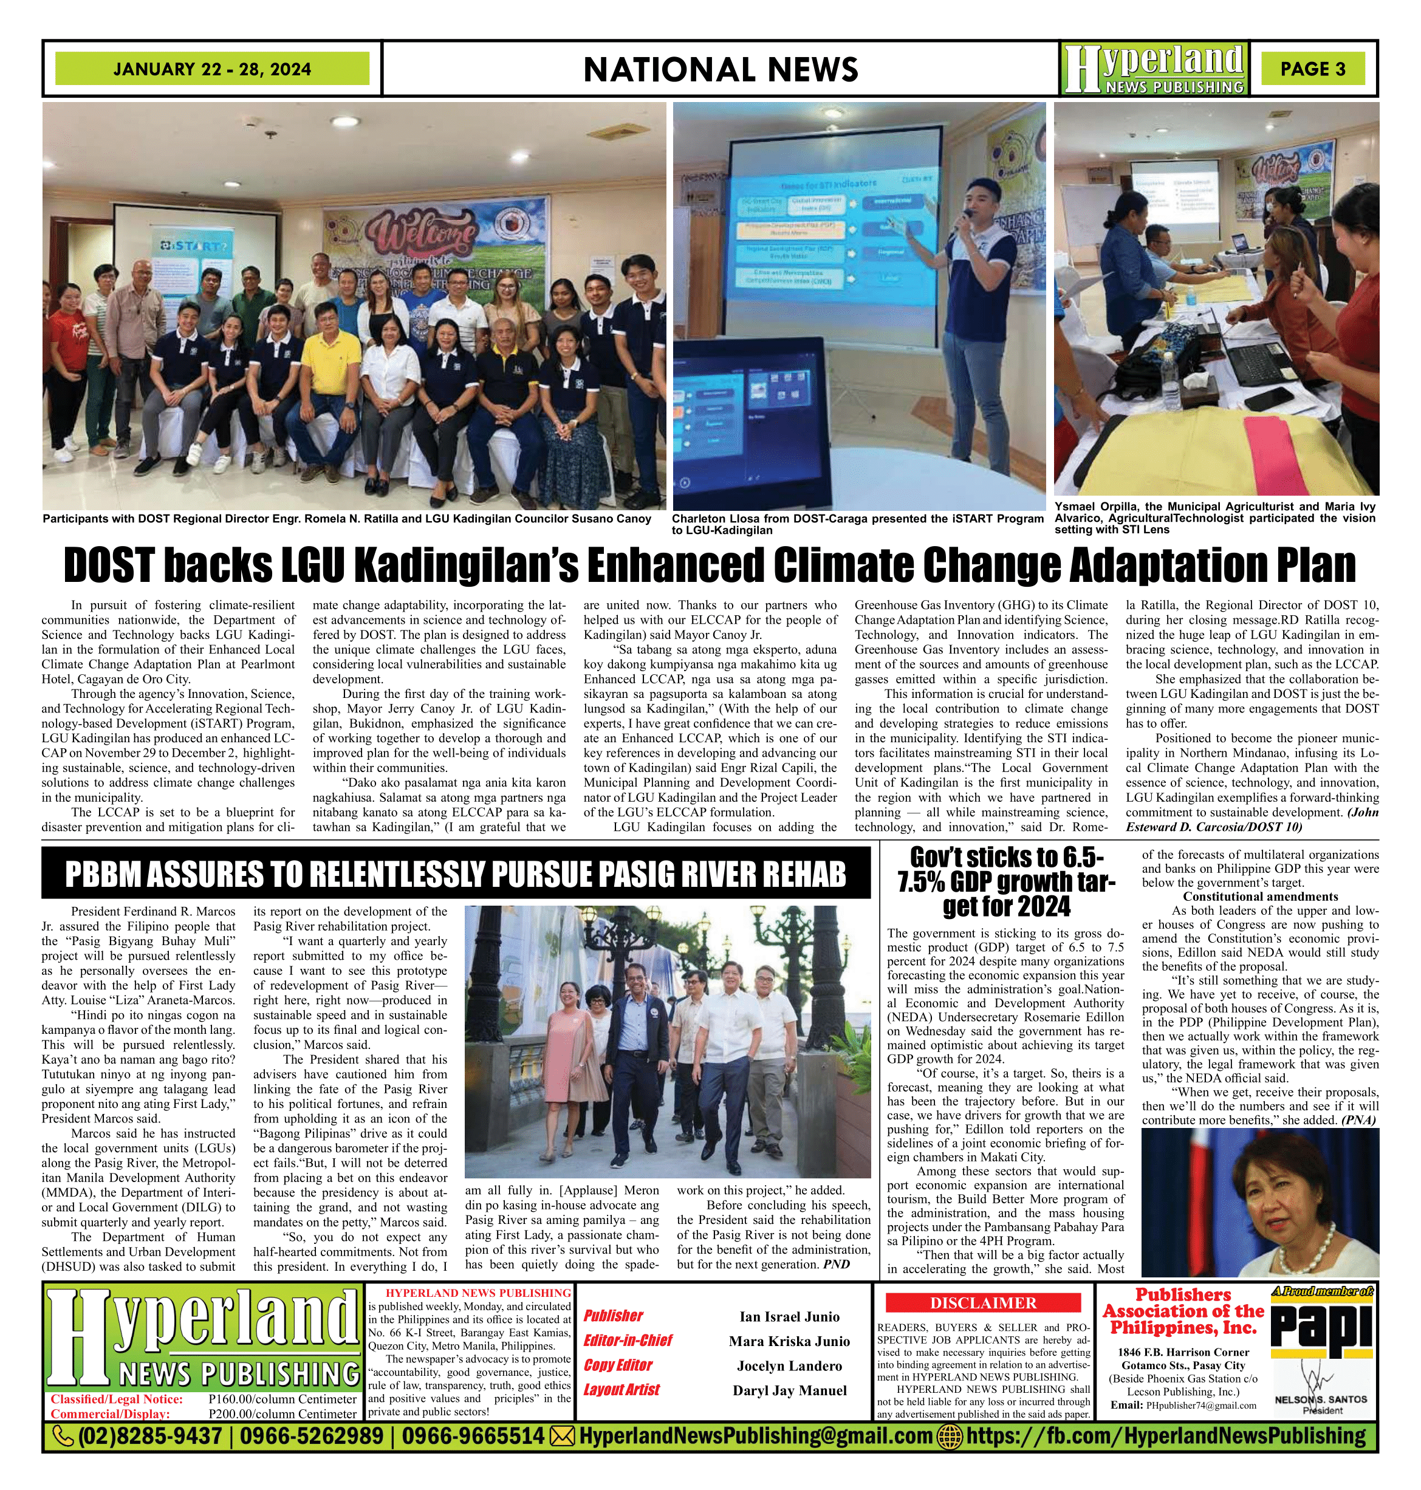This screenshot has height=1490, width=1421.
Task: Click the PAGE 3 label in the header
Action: coord(1313,69)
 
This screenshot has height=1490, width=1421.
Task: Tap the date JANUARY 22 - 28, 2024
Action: coord(212,69)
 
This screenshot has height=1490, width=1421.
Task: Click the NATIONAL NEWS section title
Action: coord(721,70)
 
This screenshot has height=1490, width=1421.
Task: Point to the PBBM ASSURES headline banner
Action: coord(455,873)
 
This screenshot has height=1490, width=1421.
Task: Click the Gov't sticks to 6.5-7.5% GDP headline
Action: coord(1005,882)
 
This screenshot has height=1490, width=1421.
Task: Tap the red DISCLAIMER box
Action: coord(983,1303)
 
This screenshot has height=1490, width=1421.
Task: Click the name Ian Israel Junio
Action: coord(789,1316)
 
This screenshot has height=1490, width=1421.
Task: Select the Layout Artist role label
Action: coord(621,1390)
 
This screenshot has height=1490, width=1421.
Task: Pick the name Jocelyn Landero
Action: coord(789,1365)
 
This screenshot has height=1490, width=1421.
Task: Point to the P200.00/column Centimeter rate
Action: coord(282,1413)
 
